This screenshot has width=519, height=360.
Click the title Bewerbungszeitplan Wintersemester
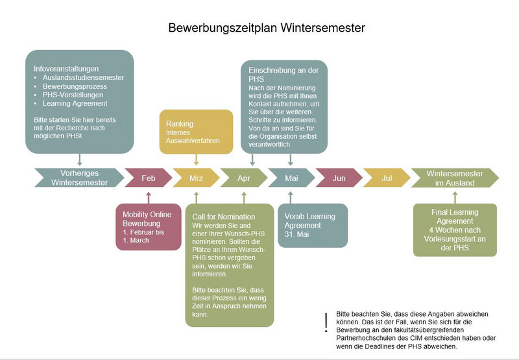[x=267, y=28]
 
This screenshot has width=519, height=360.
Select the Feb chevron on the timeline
[x=149, y=178]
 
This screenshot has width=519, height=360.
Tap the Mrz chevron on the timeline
[x=197, y=178]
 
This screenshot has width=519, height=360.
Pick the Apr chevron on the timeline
[x=244, y=178]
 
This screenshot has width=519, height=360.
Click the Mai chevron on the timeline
[x=291, y=178]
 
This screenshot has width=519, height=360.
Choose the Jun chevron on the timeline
[x=339, y=178]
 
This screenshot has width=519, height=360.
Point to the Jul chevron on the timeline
[x=387, y=178]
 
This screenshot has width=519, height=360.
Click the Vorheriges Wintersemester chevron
[x=79, y=178]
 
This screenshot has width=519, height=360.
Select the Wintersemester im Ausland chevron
[x=455, y=178]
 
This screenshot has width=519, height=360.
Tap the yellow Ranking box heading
[x=180, y=124]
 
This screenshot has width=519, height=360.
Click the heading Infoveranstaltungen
[x=66, y=69]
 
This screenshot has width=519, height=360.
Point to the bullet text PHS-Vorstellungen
[x=73, y=95]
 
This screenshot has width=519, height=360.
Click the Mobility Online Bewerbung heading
[x=147, y=219]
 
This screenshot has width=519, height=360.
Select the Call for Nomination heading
[x=224, y=217]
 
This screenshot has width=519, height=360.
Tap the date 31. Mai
[x=296, y=234]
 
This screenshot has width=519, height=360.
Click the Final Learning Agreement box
[x=455, y=230]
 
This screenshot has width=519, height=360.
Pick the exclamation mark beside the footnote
[x=326, y=322]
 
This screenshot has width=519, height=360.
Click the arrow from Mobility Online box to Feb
[x=149, y=198]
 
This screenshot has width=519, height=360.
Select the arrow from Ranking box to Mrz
[x=197, y=160]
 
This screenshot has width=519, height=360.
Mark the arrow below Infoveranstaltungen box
[x=79, y=160]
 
